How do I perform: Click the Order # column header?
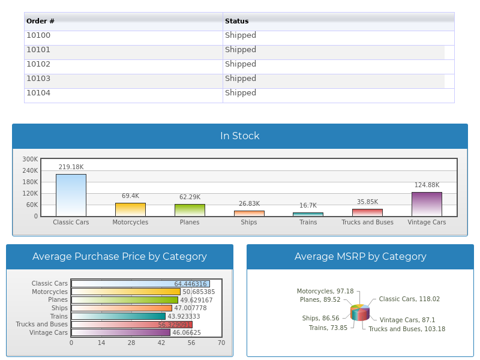(41, 21)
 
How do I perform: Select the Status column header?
(236, 21)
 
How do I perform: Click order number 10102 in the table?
(38, 64)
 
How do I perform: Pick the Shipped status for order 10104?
(241, 93)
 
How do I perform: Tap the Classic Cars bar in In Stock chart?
(71, 195)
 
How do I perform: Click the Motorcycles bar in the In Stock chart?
(130, 209)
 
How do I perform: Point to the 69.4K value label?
(130, 196)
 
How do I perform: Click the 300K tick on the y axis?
(30, 160)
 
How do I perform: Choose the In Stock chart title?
(239, 136)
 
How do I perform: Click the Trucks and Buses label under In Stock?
(367, 222)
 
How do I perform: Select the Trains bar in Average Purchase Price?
(118, 316)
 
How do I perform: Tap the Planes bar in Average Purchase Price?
(125, 300)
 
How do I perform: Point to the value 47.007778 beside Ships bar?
(190, 308)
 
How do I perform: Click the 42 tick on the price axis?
(161, 343)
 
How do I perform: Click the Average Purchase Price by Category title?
(119, 257)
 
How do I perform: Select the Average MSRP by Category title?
(360, 257)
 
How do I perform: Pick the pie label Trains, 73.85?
(328, 328)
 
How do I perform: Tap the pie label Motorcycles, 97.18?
(325, 291)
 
